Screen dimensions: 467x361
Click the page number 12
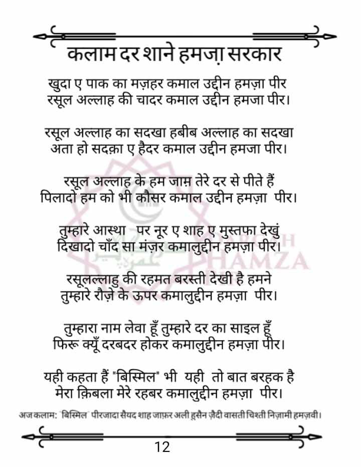point(163,446)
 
